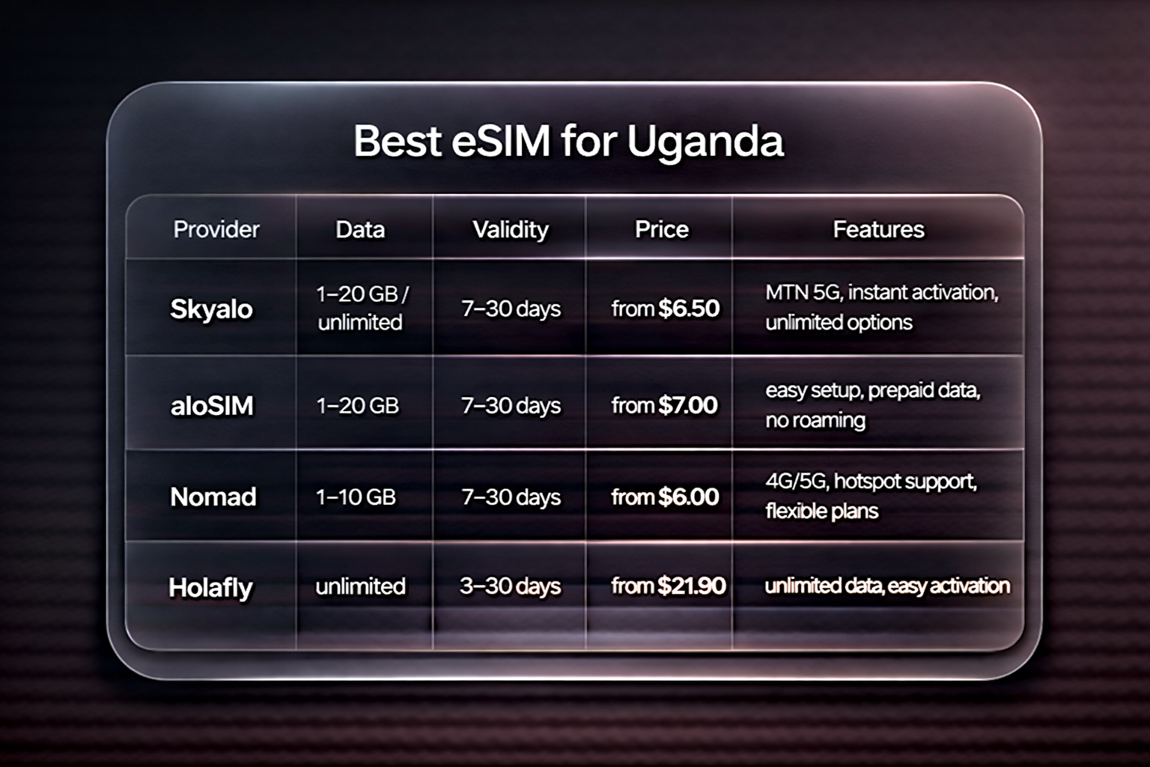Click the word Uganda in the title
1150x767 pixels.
705,142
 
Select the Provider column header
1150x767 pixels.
216,229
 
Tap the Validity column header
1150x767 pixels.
511,229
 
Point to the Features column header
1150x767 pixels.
878,229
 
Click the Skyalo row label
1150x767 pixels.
211,309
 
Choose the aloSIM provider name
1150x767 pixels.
212,405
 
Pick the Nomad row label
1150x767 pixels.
213,497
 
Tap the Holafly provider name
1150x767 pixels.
210,587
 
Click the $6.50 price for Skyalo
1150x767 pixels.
689,308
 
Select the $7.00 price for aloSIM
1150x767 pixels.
687,405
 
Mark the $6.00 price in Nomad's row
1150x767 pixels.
688,497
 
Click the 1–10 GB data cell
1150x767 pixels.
356,497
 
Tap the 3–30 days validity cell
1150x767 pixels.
510,586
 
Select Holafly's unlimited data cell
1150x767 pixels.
360,586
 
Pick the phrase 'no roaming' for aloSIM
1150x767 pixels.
815,420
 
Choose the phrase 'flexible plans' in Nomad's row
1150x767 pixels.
821,512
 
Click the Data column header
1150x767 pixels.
360,229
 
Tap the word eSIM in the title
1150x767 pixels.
501,142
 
